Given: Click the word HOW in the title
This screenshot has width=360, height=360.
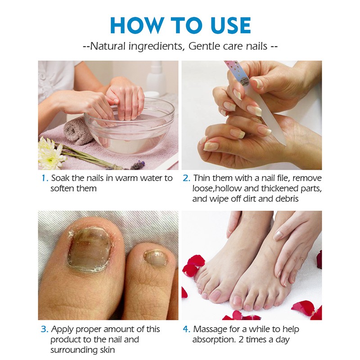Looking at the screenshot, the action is click(137, 25).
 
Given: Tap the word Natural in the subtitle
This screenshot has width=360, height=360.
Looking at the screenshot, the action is click(108, 46).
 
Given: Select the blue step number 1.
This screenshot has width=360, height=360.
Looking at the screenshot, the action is click(45, 178).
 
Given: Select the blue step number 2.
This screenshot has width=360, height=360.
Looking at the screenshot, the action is click(186, 178).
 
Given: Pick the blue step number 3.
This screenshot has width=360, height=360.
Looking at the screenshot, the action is click(45, 329).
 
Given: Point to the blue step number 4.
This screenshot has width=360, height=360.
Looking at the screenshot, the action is click(186, 329).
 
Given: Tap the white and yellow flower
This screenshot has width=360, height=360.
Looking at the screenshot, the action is click(50, 152).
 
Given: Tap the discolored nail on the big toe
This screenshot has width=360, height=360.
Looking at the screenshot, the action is click(90, 249).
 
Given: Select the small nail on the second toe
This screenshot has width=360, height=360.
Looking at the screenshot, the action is click(155, 259).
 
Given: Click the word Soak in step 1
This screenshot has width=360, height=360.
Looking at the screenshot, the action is click(60, 178).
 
